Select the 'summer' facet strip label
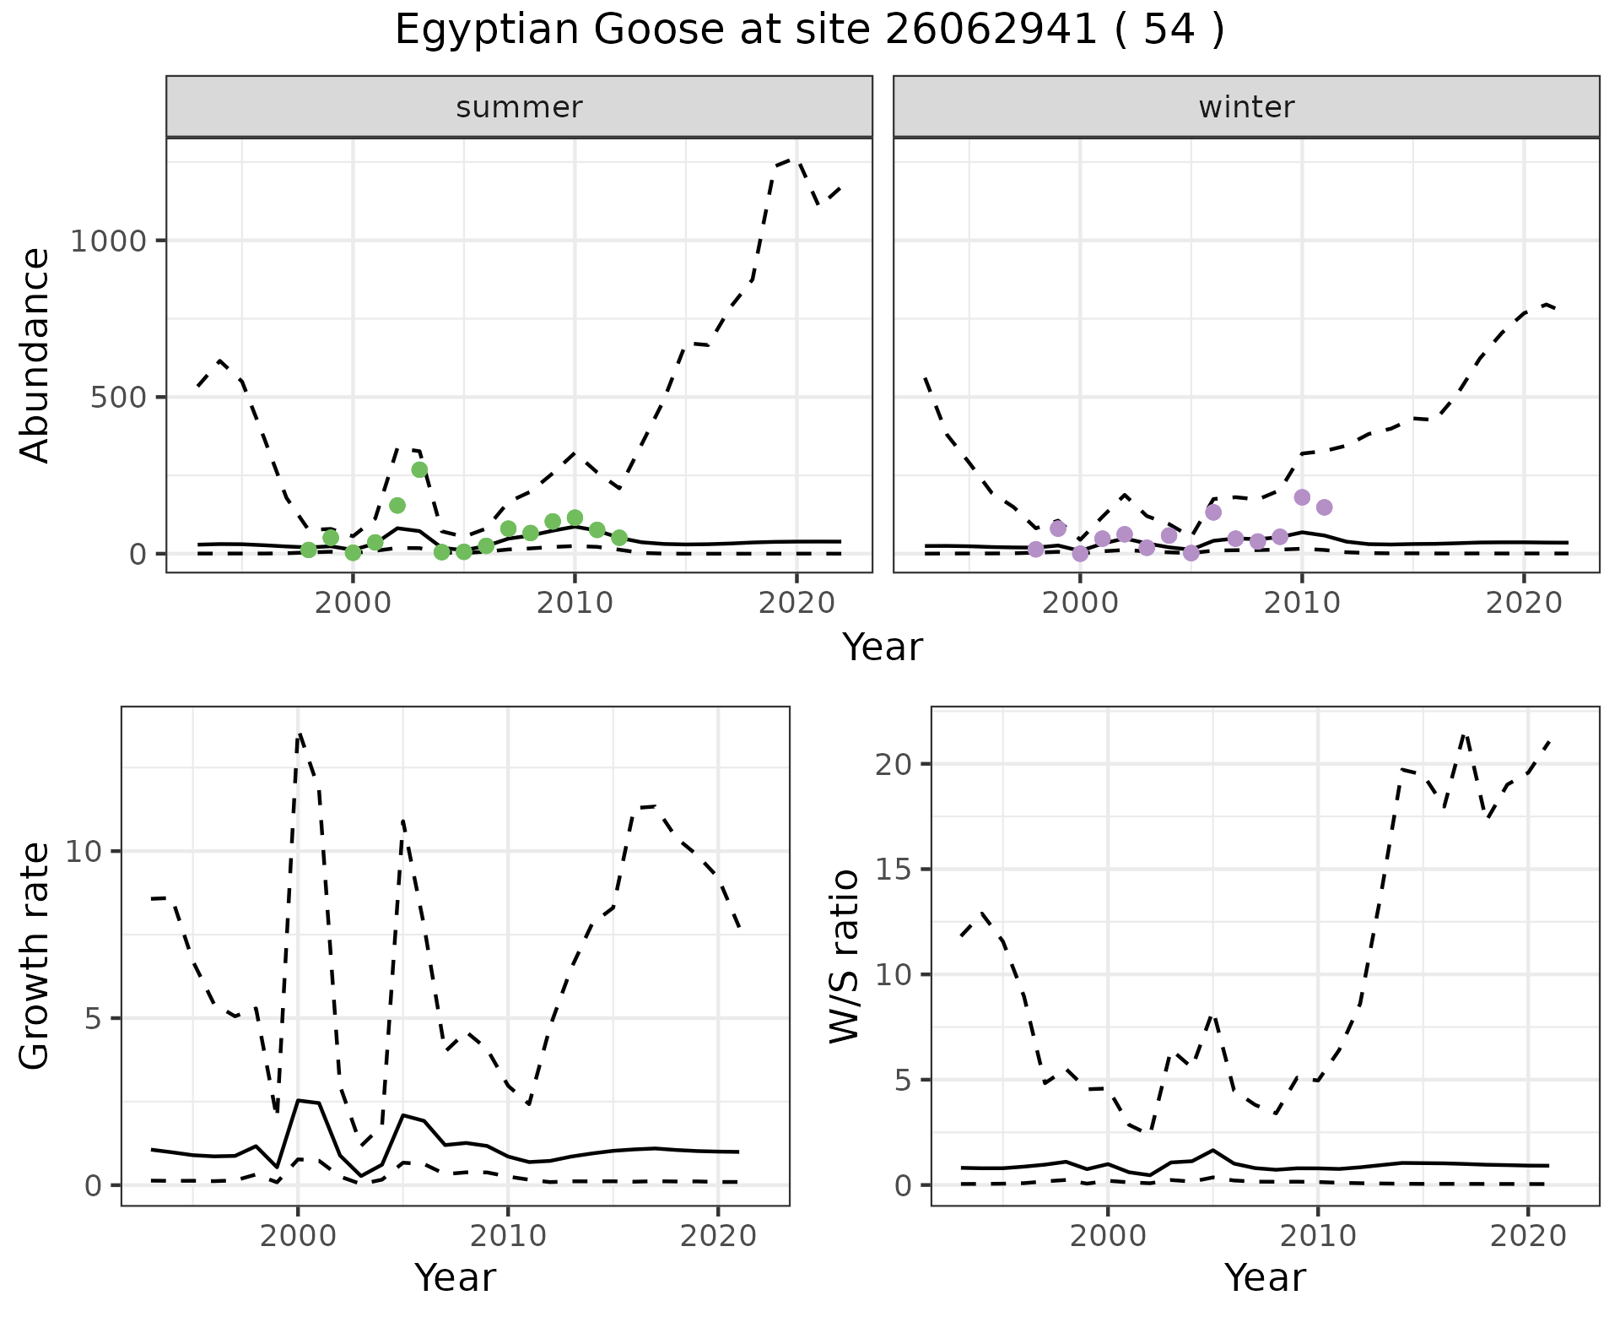(519, 107)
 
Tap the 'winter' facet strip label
(1246, 107)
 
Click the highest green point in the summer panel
(419, 469)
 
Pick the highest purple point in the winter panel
(1302, 497)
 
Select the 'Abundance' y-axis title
(35, 355)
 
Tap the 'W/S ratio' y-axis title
(845, 956)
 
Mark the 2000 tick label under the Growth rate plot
(297, 1237)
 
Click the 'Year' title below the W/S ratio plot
(1265, 1277)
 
